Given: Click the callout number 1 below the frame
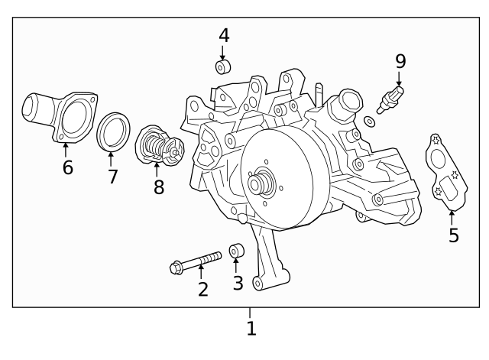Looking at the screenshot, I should (251, 329).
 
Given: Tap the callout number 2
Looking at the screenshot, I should (202, 289).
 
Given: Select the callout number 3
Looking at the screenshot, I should (238, 283).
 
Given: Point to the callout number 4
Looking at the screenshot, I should (223, 34).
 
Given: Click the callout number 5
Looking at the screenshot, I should (454, 235).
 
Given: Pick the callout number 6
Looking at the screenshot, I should (67, 167).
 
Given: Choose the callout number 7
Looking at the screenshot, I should (112, 177).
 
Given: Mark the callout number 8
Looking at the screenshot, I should (158, 187).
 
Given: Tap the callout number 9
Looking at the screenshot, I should (400, 60).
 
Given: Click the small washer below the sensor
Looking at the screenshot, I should (370, 121).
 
